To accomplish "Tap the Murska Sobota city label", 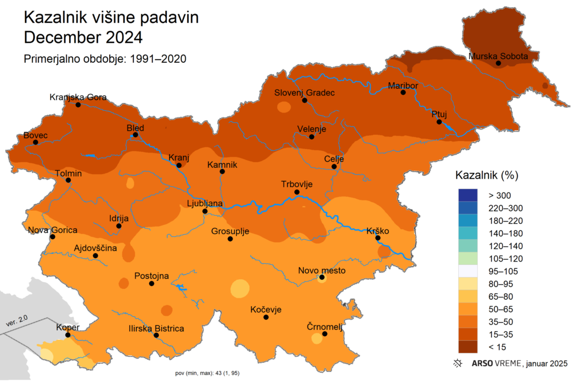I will (502, 56).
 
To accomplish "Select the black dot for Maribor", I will (403, 93).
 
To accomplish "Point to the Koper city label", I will (67, 327).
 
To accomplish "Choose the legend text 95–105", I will (502, 271).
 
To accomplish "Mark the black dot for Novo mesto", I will (322, 278).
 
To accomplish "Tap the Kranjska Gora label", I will (78, 97).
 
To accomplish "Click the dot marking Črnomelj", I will (324, 334).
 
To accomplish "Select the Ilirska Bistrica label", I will (155, 328).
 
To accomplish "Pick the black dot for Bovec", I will (35, 142).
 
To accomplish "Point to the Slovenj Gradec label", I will (304, 93).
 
